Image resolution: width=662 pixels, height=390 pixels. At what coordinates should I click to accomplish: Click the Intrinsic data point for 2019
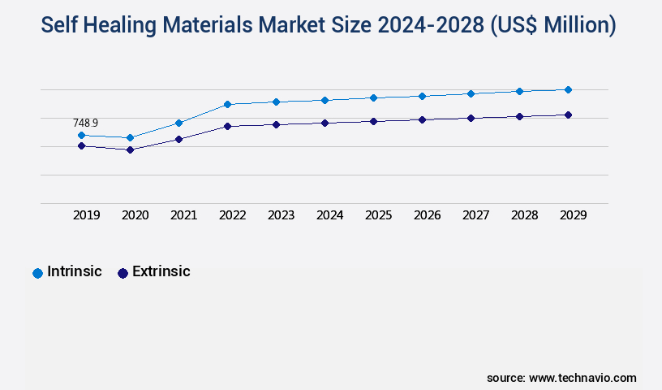pos(81,135)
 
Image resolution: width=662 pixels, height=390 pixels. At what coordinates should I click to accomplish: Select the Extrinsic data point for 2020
pos(130,149)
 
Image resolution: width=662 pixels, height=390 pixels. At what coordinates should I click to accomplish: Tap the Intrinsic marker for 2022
pos(227,104)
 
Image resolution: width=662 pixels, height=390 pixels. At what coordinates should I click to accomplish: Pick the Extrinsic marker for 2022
pos(227,126)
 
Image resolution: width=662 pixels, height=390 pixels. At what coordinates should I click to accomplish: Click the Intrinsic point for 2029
pos(568,89)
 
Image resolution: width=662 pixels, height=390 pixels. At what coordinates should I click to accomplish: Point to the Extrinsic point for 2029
pos(568,115)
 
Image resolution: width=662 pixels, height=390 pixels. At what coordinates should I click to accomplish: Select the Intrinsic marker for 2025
pos(373,97)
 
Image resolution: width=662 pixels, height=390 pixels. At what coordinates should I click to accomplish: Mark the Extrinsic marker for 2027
pos(471,118)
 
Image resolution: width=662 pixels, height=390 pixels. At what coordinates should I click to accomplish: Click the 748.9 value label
pos(85,123)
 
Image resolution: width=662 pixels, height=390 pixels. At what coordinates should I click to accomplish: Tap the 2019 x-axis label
pos(87,215)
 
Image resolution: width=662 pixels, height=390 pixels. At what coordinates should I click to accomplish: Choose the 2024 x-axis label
pos(330,215)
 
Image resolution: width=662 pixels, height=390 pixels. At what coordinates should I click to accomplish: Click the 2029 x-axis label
pos(574,215)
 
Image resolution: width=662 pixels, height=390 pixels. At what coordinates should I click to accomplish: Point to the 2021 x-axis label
pos(184,215)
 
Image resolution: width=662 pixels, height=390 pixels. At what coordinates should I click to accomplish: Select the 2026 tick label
pos(428,215)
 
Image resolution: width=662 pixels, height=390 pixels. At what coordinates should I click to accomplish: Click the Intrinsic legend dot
pos(37,273)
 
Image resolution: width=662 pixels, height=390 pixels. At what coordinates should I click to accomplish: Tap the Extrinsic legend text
pos(161,271)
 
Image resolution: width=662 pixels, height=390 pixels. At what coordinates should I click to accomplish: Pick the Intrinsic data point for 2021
pos(178,123)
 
